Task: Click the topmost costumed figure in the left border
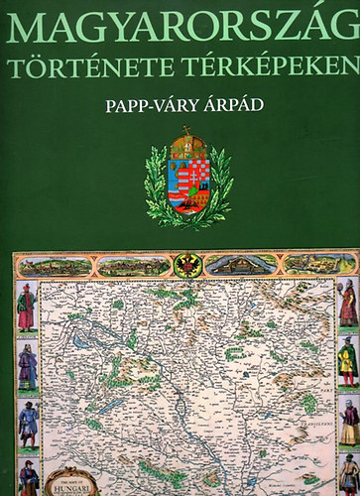pyautogui.click(x=26, y=308)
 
